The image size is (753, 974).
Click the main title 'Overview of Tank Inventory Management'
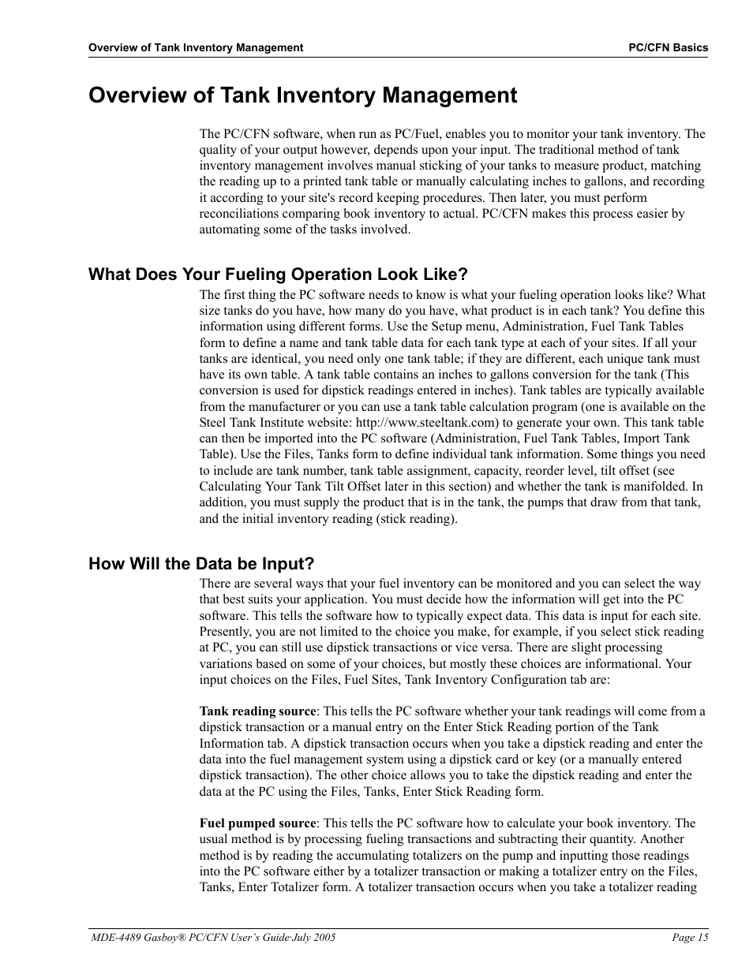pos(303,95)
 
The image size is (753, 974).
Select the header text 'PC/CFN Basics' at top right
pos(668,47)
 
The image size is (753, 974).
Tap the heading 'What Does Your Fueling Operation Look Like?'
pos(278,274)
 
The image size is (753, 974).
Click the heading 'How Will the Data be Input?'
pos(201,564)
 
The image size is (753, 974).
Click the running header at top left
pos(195,47)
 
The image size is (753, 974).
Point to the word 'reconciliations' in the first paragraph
pos(238,214)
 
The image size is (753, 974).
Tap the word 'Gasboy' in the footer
pos(158,938)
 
